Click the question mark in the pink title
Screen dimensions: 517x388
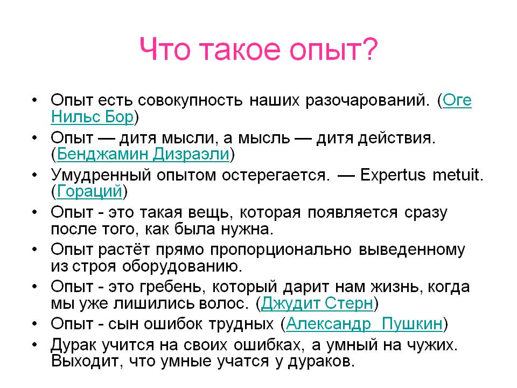coord(369,49)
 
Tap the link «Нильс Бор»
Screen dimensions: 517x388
coord(92,117)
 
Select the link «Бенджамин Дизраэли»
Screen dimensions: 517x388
coord(143,154)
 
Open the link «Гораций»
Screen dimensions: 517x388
coord(89,191)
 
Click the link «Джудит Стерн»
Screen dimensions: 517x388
coord(317,303)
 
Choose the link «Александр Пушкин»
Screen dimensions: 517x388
coord(364,324)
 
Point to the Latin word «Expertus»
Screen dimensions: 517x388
coord(393,175)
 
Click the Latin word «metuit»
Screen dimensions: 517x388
coord(458,175)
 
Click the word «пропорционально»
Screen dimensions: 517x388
coord(281,250)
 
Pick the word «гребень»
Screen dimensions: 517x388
coord(173,287)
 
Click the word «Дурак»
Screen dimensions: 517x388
coord(73,345)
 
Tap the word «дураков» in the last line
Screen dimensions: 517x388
coord(321,362)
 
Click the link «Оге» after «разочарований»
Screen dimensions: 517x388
coord(457,100)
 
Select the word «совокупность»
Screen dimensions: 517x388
coord(190,100)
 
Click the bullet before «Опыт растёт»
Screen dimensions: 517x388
coord(35,249)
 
